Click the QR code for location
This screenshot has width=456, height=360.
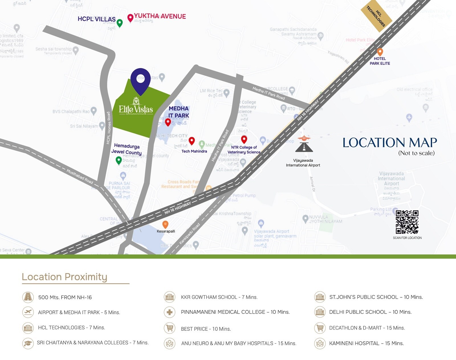pyautogui.click(x=407, y=222)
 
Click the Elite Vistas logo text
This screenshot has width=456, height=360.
pyautogui.click(x=136, y=109)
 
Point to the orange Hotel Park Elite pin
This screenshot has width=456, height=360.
pyautogui.click(x=380, y=52)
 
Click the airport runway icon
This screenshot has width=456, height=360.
pyautogui.click(x=304, y=144)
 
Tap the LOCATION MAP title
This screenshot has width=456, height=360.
pyautogui.click(x=390, y=142)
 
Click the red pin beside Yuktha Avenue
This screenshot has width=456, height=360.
pyautogui.click(x=130, y=18)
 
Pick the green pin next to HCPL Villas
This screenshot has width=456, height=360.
pyautogui.click(x=120, y=23)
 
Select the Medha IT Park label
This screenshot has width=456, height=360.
pyautogui.click(x=179, y=112)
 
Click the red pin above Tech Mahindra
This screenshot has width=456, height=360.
pyautogui.click(x=192, y=140)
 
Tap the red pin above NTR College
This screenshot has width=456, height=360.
pyautogui.click(x=244, y=139)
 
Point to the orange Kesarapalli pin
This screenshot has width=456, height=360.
pyautogui.click(x=165, y=224)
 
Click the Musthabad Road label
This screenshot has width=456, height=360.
pyautogui.click(x=80, y=176)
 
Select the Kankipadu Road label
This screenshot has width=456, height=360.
pyautogui.click(x=190, y=234)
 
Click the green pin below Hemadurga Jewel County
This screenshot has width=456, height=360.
pyautogui.click(x=119, y=160)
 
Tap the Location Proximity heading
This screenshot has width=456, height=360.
pyautogui.click(x=64, y=277)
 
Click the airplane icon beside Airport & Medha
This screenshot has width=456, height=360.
pyautogui.click(x=28, y=312)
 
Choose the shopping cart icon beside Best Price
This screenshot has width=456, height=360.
pyautogui.click(x=170, y=328)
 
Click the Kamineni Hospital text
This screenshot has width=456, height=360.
pyautogui.click(x=366, y=343)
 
